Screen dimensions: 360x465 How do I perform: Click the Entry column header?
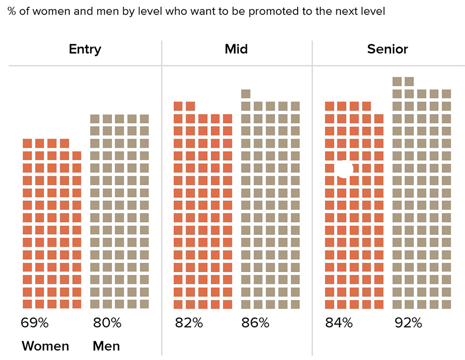pos(85,50)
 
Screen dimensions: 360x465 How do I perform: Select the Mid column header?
pos(236,50)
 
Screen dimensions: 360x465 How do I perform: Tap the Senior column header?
pos(388,50)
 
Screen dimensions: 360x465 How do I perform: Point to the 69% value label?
pos(35,324)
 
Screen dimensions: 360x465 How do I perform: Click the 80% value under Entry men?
pos(107,324)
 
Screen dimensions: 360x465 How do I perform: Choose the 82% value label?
pos(189,324)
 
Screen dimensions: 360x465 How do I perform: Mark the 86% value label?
pos(255,324)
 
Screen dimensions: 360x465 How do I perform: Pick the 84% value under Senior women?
pos(339,324)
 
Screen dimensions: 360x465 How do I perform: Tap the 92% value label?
pos(408,324)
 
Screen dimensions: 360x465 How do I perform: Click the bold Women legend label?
pos(45,346)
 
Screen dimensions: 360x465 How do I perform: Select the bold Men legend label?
pos(106,346)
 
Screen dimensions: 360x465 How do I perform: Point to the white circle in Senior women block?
pos(345,169)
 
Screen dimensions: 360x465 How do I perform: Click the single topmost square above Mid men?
pos(246,93)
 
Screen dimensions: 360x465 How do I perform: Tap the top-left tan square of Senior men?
pos(397,81)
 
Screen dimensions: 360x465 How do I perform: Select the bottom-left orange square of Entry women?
pos(27,304)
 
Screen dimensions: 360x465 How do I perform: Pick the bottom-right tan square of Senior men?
pos(446,304)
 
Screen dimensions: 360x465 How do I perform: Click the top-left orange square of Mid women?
pos(178,106)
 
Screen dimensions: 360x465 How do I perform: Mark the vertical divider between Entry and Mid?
pos(162,196)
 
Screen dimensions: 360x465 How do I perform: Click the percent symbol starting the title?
pos(11,11)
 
